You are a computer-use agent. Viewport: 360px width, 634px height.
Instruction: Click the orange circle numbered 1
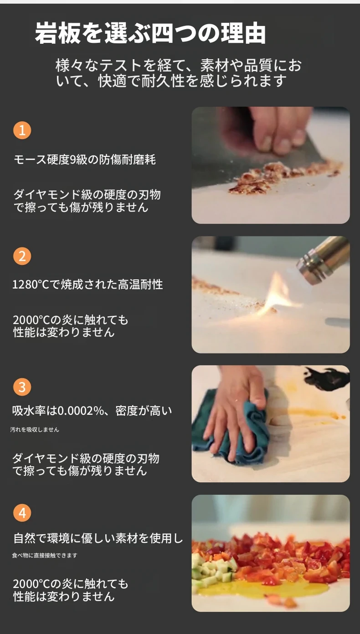pos(22,130)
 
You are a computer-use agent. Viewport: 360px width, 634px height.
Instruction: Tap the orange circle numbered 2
pos(22,256)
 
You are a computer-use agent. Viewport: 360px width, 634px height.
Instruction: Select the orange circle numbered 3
pos(22,387)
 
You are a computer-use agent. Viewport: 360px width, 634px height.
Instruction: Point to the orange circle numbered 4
pos(22,513)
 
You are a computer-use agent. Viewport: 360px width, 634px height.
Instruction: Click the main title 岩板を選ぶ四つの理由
pos(150,33)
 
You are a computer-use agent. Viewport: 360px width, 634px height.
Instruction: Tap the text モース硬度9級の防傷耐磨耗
pos(85,160)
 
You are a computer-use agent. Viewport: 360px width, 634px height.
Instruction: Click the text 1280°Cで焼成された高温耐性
pos(87,284)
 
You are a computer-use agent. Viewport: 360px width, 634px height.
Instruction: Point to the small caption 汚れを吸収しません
pos(35,430)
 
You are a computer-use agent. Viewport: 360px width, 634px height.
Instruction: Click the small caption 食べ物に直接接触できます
pos(45,555)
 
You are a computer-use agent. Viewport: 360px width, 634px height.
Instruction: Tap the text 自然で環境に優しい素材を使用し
pos(98,538)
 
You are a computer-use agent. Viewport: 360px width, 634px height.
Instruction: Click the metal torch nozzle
pos(323,260)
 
